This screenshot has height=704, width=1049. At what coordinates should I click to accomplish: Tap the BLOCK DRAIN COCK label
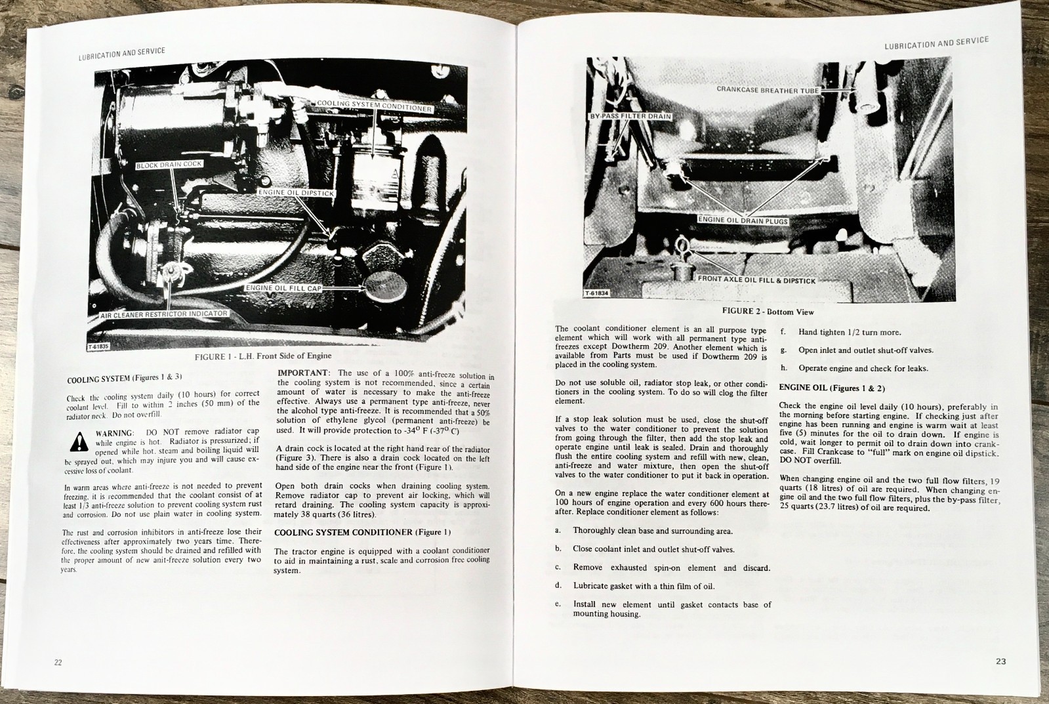(169, 165)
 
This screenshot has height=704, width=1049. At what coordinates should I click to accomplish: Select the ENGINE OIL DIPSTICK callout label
(297, 193)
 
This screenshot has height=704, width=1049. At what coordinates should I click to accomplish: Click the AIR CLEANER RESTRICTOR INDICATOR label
(163, 314)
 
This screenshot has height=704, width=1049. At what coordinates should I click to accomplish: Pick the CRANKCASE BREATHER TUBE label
(767, 90)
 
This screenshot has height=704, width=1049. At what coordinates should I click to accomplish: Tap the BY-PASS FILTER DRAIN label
(629, 116)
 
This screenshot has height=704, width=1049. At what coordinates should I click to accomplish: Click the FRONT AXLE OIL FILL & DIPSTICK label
(756, 280)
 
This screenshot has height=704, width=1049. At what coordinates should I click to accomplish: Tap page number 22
(58, 663)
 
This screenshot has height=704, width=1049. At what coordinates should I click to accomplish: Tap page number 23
(1000, 661)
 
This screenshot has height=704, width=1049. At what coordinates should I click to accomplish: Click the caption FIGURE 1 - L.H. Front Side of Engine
(262, 356)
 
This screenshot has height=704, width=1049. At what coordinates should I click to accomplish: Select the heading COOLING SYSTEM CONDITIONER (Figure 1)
(362, 532)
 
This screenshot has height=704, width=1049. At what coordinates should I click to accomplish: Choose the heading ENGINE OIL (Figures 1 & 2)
(831, 388)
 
